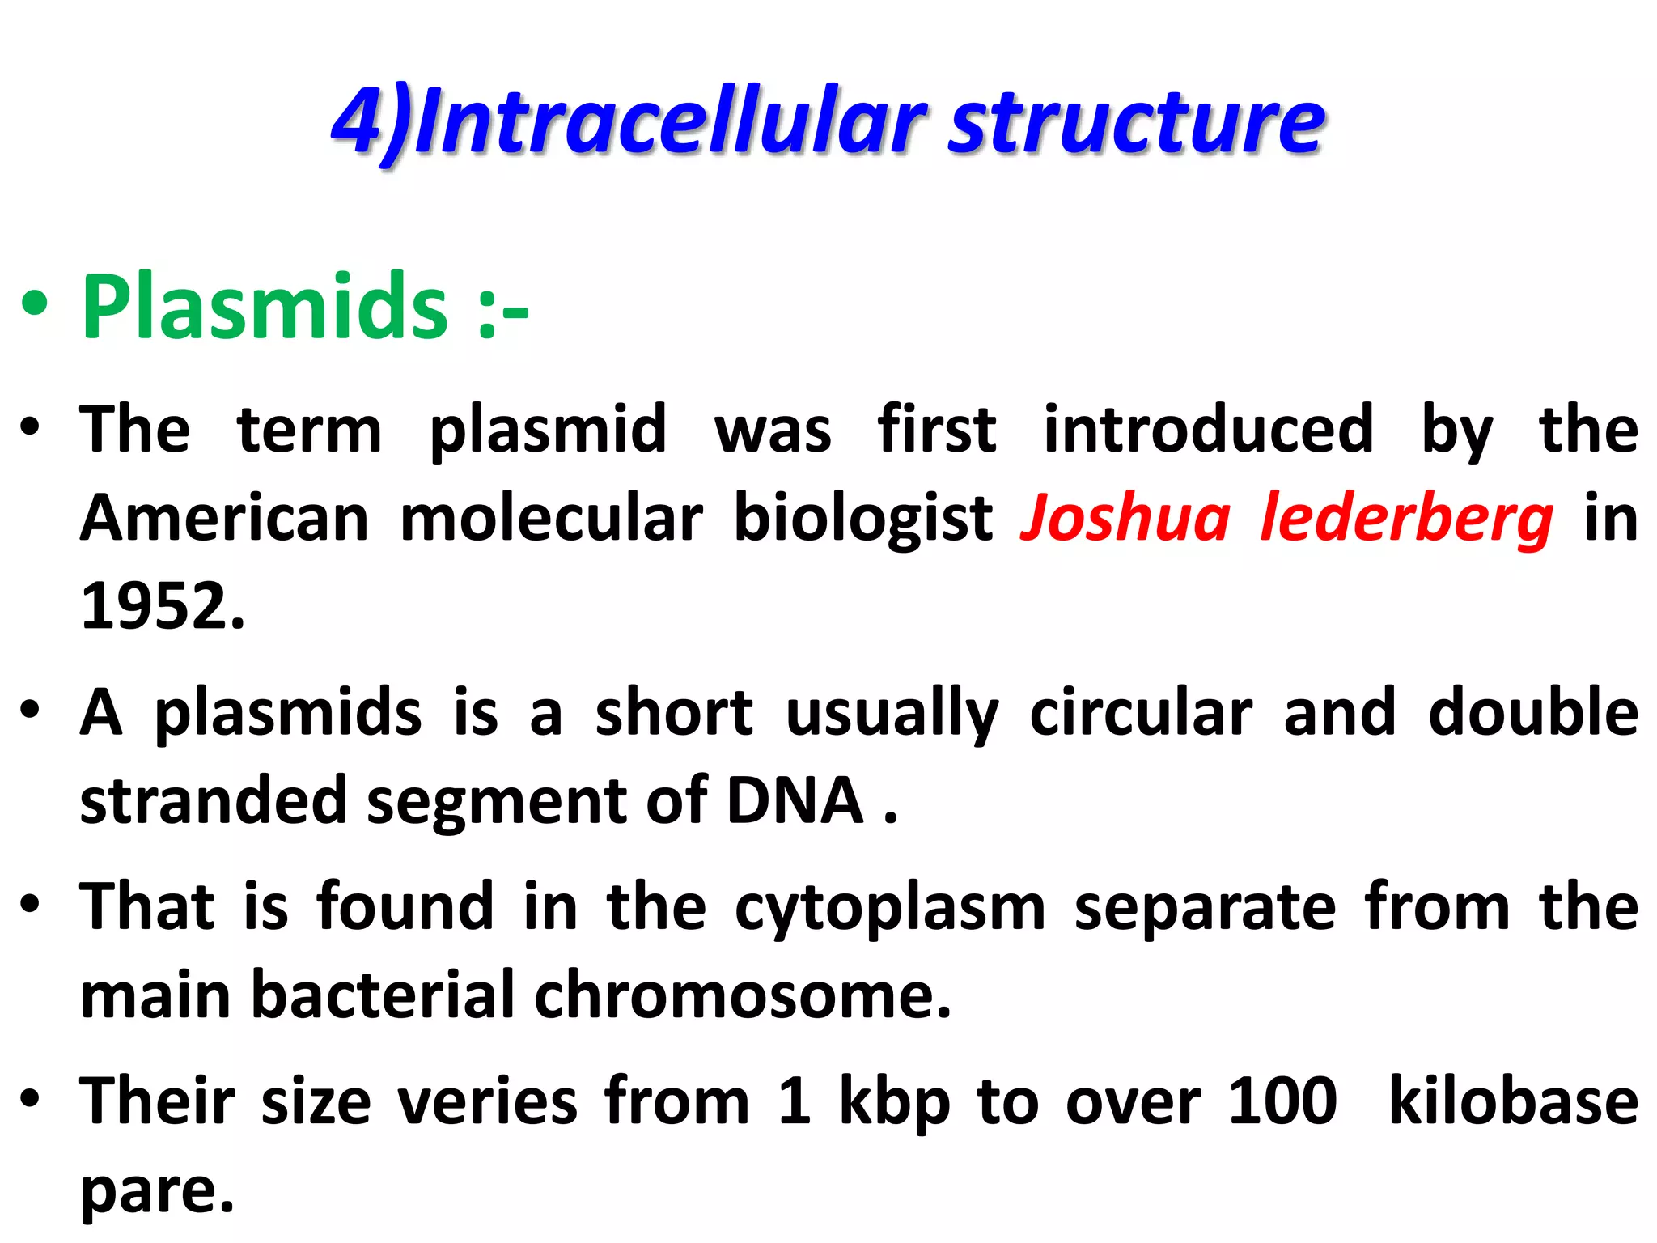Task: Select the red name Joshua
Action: pos(1125,518)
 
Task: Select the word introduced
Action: pos(1208,429)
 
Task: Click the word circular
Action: pos(1141,712)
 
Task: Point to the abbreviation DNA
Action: pos(795,801)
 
